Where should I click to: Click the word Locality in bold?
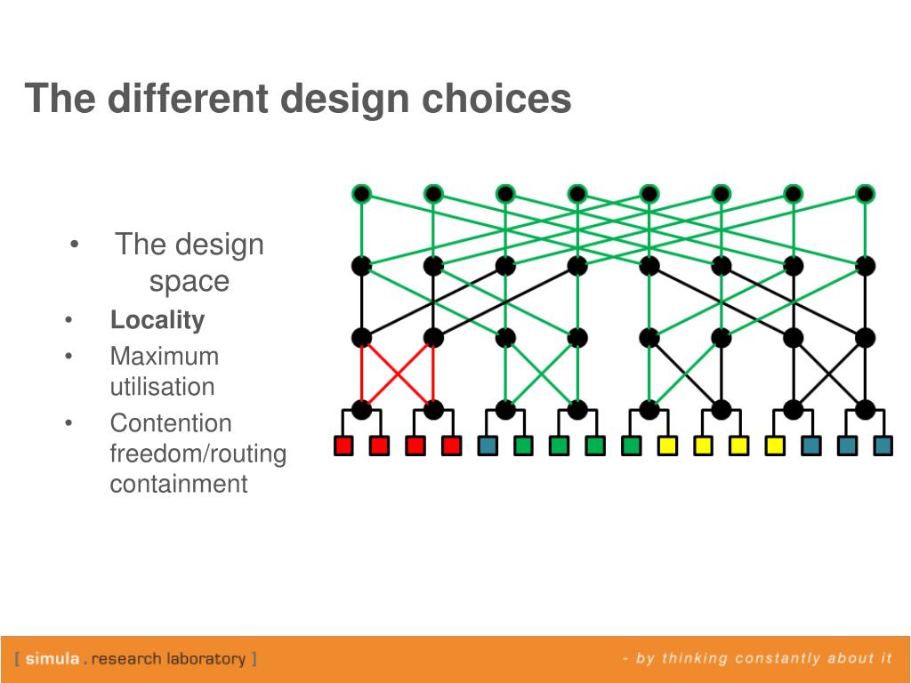tap(157, 320)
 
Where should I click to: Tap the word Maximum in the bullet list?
tap(164, 357)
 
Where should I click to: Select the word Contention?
tap(170, 423)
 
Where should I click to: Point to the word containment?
tap(178, 485)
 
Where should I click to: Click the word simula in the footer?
tap(53, 659)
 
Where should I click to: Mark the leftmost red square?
tap(343, 446)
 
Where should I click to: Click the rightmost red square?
tap(451, 446)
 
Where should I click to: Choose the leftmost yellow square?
tap(667, 446)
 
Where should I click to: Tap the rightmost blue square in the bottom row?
tap(883, 446)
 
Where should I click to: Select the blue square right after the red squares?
tap(488, 446)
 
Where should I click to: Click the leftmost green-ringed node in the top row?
tap(361, 194)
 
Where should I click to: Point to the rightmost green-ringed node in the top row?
tap(866, 194)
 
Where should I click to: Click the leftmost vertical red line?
tap(361, 374)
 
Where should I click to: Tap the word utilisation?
tap(162, 388)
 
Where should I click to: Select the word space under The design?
tap(189, 282)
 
